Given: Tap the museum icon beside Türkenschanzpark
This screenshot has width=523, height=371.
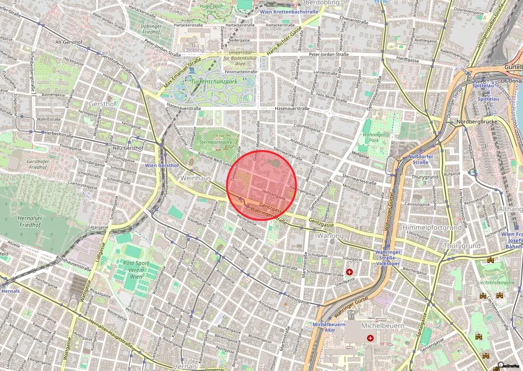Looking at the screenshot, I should point(191,70).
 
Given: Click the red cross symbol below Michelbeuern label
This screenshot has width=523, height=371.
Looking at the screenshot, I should point(370,338).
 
